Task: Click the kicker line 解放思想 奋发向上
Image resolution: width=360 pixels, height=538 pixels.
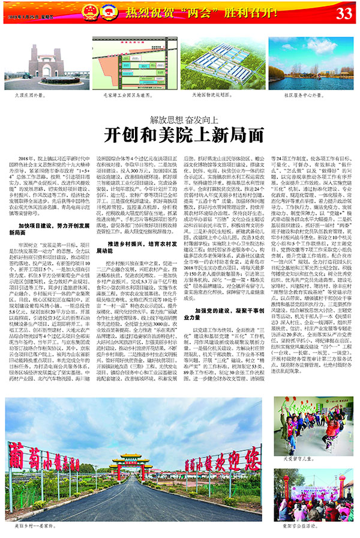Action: coord(180,119)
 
